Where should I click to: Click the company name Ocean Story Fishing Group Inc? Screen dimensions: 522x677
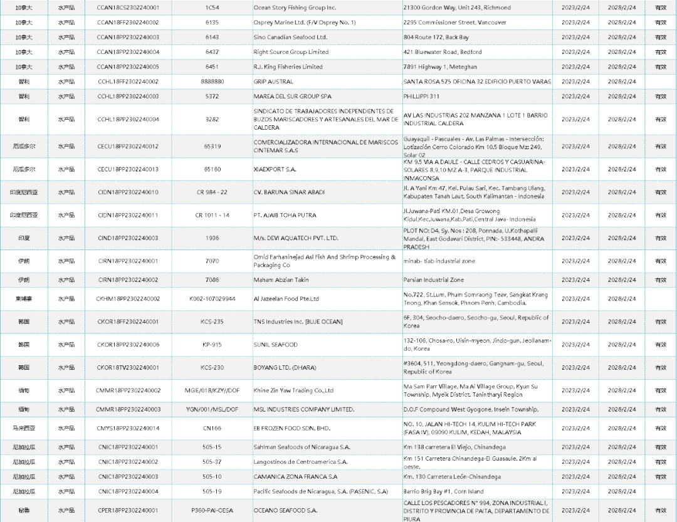295,8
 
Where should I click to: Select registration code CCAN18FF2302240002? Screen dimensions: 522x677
128,23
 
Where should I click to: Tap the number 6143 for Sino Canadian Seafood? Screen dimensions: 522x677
212,37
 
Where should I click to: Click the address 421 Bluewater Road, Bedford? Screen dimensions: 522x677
443,52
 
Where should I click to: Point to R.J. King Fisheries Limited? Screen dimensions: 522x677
288,67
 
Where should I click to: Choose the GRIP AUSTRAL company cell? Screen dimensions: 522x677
273,81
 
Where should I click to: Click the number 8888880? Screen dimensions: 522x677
212,81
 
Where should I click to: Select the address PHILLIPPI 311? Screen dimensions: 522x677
422,97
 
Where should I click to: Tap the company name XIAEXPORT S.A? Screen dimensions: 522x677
275,169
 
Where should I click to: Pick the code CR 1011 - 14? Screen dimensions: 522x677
212,215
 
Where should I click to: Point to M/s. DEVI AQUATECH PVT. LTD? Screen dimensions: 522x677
296,238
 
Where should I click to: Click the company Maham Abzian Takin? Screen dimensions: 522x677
281,280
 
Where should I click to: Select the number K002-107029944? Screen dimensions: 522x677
212,299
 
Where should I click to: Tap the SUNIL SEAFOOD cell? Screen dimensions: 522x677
275,345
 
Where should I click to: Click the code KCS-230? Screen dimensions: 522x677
212,368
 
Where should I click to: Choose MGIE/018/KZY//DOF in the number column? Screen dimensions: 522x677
212,390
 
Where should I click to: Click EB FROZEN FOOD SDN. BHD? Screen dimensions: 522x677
291,429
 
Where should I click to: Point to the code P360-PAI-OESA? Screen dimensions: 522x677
212,511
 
